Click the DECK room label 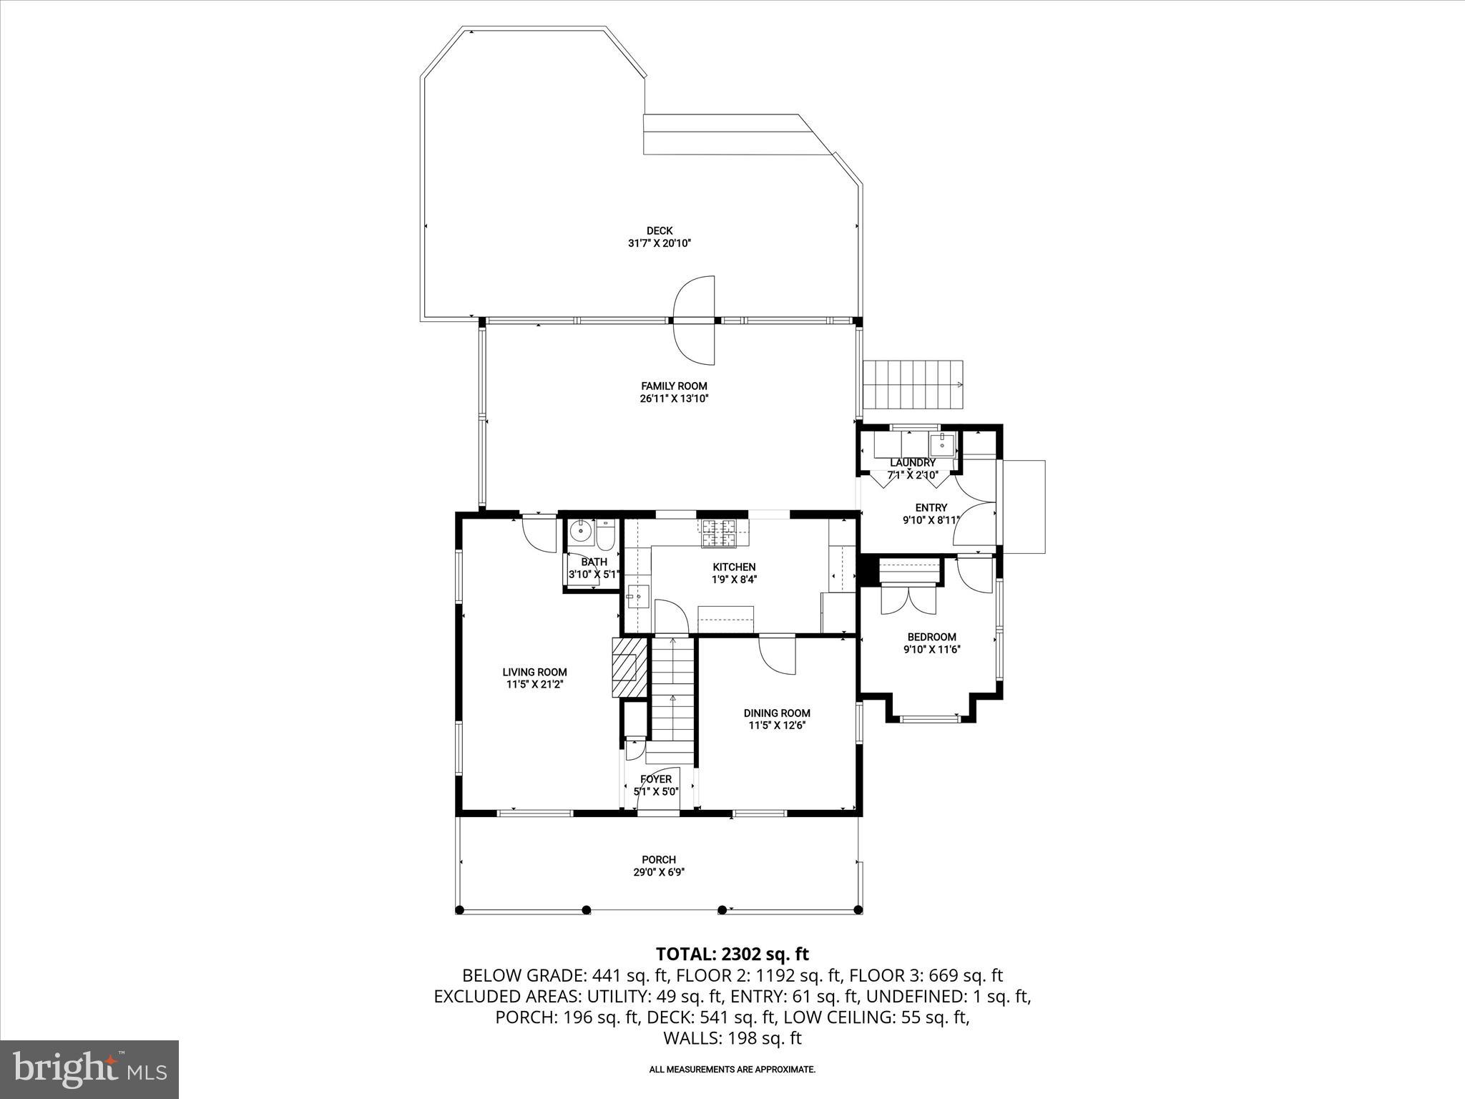point(659,230)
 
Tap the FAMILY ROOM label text point(673,386)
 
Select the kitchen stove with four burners point(718,533)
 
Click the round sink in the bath point(580,532)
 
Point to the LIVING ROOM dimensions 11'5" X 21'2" point(534,685)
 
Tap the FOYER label point(655,779)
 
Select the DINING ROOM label point(776,713)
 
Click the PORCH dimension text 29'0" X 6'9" point(658,872)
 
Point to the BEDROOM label point(931,637)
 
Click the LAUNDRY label point(912,463)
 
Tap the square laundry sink point(943,444)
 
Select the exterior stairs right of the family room point(913,384)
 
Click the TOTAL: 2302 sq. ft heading point(732,954)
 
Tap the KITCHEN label point(733,567)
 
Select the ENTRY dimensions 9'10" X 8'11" point(930,520)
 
